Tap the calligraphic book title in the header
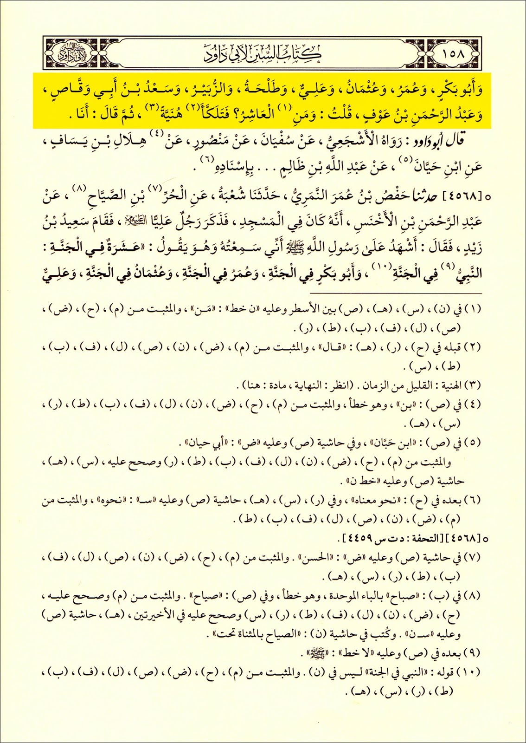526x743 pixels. pyautogui.click(x=263, y=53)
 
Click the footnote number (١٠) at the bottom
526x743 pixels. pyautogui.click(x=470, y=672)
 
